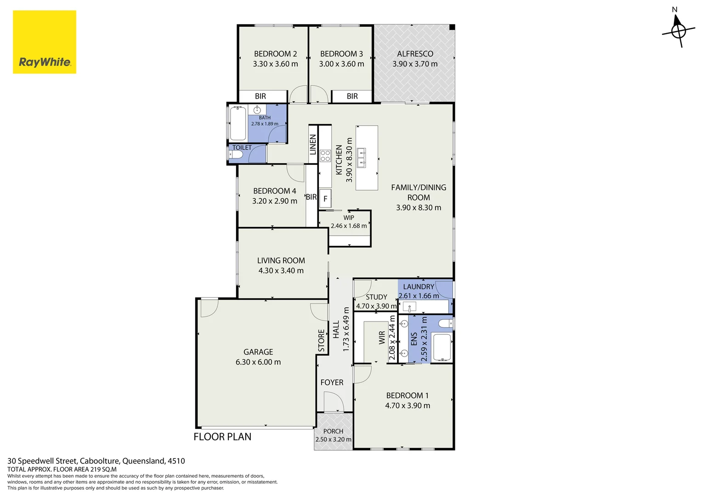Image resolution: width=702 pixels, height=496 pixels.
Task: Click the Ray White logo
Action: tap(45, 42)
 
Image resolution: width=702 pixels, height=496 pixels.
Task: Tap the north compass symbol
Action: tap(678, 30)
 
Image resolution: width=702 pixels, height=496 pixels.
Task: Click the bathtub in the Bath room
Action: tap(238, 124)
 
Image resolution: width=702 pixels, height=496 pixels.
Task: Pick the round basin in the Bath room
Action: tap(257, 110)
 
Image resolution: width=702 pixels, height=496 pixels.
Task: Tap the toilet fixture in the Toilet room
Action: tap(235, 154)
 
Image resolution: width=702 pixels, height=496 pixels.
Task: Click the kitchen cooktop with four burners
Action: tap(325, 156)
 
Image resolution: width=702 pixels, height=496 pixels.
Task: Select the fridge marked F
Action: tap(325, 198)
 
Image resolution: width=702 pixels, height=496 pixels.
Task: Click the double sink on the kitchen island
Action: tap(362, 158)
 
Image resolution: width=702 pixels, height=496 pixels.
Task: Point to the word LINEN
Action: tap(313, 145)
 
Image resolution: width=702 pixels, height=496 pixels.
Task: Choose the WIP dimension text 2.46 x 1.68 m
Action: tap(349, 225)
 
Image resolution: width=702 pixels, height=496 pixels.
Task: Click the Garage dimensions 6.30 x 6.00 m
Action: tap(258, 362)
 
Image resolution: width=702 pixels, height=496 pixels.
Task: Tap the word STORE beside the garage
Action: tap(321, 340)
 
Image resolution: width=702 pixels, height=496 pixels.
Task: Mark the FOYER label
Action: tap(332, 382)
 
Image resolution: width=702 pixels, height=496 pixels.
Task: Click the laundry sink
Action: tap(409, 306)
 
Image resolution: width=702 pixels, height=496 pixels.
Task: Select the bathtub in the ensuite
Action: tap(442, 348)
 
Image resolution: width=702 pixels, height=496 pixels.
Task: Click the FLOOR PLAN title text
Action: tap(222, 437)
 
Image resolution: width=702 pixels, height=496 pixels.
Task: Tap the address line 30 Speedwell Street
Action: tap(96, 461)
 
